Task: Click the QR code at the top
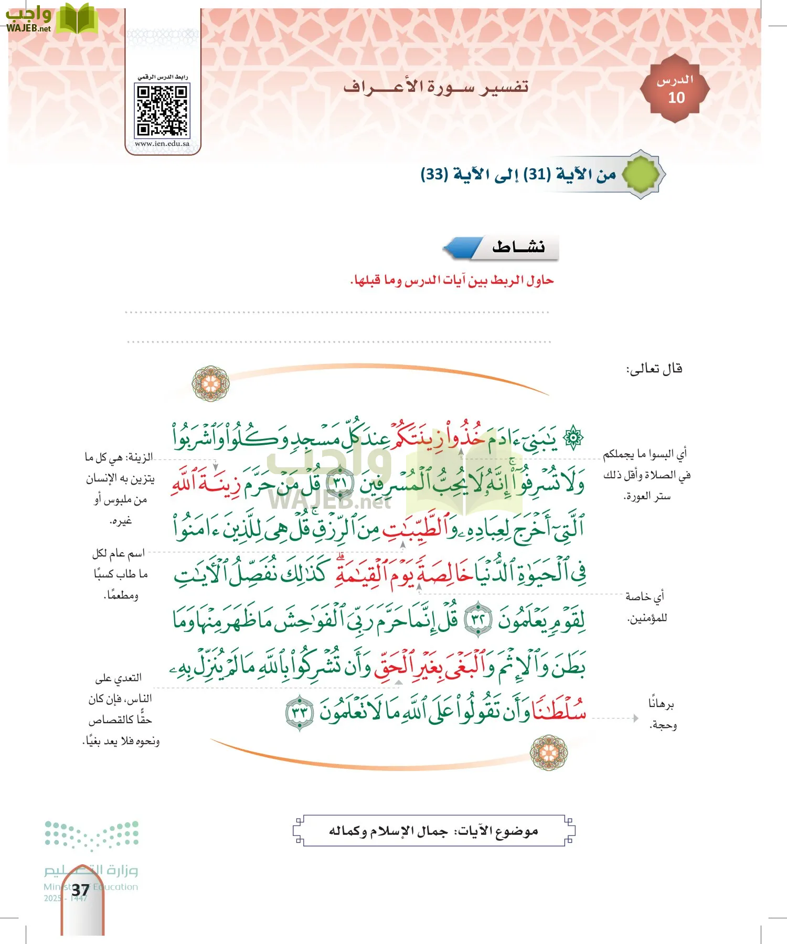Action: [x=162, y=111]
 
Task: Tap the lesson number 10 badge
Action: [x=675, y=89]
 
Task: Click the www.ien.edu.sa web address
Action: [x=162, y=144]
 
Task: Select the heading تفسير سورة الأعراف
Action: [x=436, y=87]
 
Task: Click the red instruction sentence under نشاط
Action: [x=452, y=281]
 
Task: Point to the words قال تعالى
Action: [x=654, y=369]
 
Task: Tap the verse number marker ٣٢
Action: [x=478, y=619]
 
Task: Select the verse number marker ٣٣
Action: [x=300, y=712]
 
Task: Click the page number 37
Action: [x=80, y=890]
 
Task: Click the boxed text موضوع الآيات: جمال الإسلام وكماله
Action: [x=434, y=831]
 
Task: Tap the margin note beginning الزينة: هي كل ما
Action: [x=120, y=489]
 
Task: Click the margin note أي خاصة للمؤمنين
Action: [x=646, y=607]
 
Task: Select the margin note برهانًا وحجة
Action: [x=662, y=714]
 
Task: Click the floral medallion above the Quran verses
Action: [x=211, y=384]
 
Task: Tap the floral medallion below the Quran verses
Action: [x=549, y=753]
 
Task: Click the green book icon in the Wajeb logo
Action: [x=77, y=19]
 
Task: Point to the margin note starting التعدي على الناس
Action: [x=120, y=709]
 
